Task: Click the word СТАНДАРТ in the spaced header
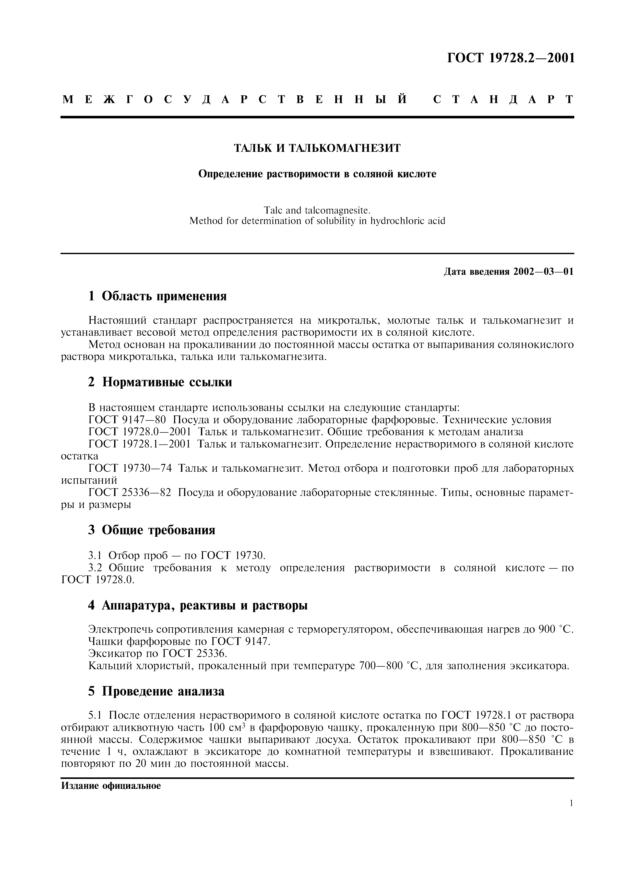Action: coord(503,100)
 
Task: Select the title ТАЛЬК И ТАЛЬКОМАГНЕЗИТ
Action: coord(317,148)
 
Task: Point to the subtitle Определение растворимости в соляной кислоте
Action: coord(317,174)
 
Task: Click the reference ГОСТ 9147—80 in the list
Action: coord(127,420)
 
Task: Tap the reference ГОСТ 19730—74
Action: coord(130,468)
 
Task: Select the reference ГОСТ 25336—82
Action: coord(130,493)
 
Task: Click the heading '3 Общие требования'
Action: coord(152,530)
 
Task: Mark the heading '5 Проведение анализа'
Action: coord(156,691)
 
